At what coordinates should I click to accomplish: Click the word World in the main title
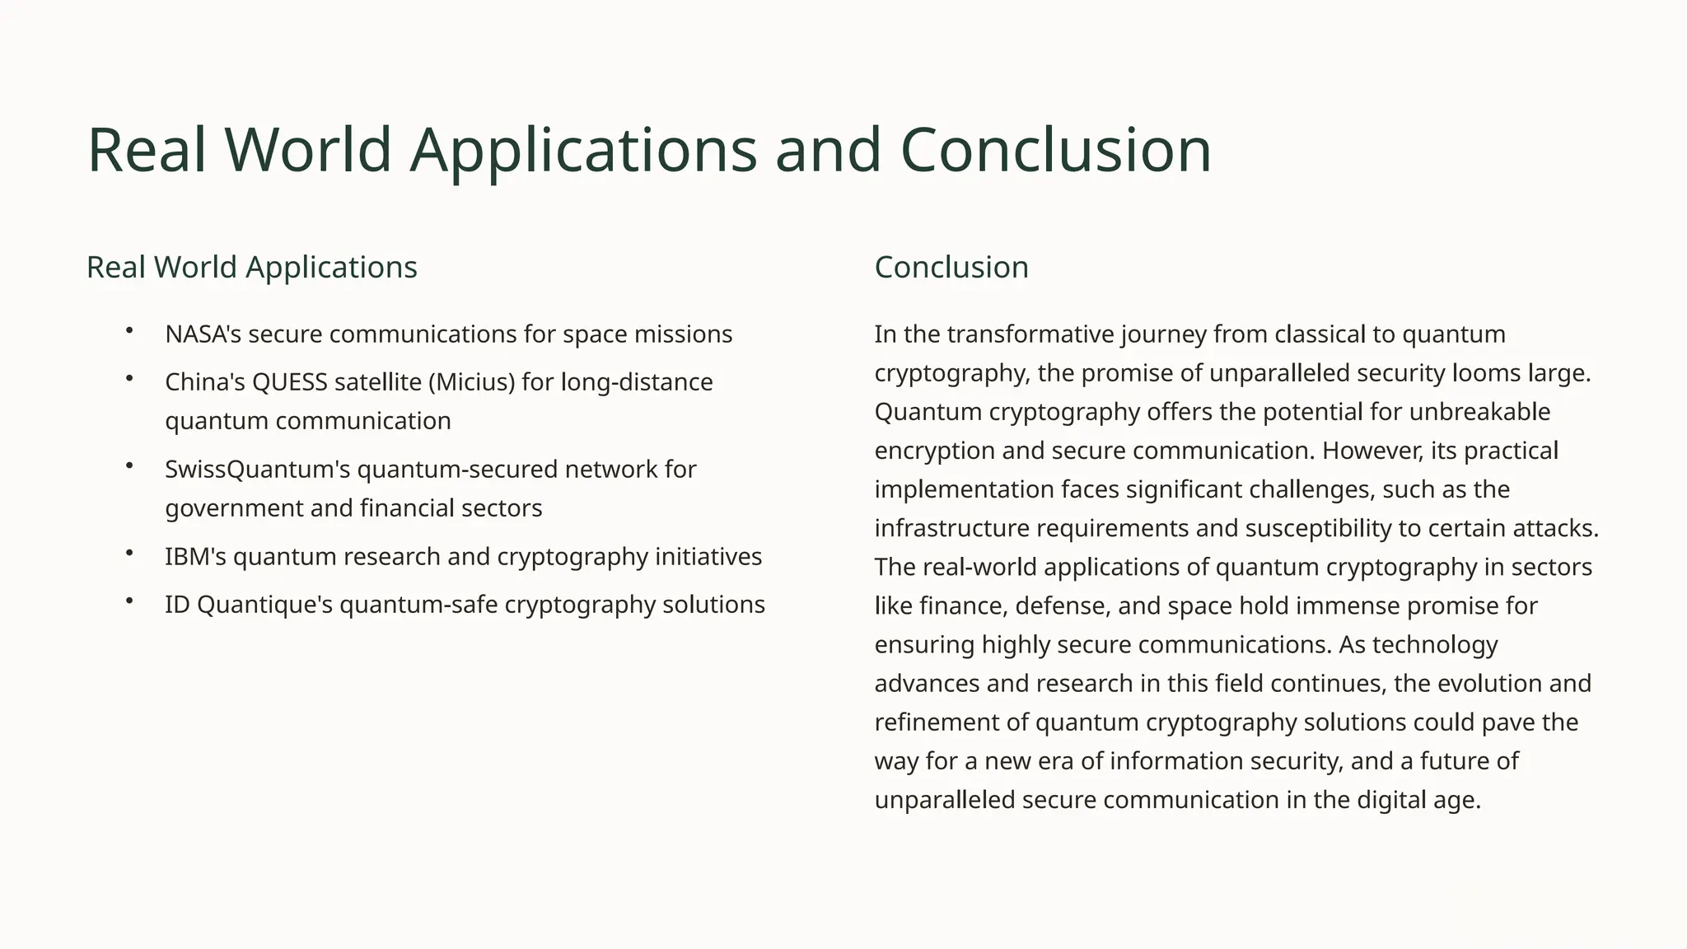(307, 150)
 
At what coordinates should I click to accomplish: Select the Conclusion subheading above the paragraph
(951, 268)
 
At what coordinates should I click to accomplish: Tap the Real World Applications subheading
(252, 268)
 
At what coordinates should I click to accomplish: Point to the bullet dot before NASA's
(129, 331)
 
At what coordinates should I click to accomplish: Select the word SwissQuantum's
(258, 470)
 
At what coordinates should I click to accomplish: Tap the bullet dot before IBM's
(129, 554)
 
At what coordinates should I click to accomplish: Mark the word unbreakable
(1479, 412)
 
